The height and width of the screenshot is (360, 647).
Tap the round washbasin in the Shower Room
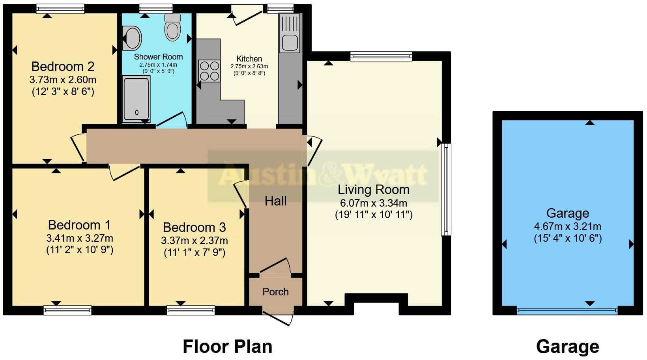coord(132,38)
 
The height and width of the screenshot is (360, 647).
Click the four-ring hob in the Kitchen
coord(209,71)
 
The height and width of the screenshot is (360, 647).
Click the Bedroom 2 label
coord(63,66)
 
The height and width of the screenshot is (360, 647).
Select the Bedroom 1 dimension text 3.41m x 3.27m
coord(79,238)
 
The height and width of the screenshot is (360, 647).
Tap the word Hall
coord(275,201)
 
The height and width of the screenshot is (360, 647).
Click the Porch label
coord(275,292)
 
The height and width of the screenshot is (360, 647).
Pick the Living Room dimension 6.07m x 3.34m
coord(373,203)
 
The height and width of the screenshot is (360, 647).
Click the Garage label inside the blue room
coord(567,213)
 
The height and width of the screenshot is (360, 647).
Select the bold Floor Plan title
coord(227,347)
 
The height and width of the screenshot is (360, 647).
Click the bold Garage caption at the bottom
coord(567,347)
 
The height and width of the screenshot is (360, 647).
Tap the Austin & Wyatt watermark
coord(323,175)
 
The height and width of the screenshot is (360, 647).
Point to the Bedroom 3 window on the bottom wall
coord(191,310)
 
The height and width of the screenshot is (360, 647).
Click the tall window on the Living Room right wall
coord(446,189)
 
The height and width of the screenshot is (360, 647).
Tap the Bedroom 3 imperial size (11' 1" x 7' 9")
coord(194,252)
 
